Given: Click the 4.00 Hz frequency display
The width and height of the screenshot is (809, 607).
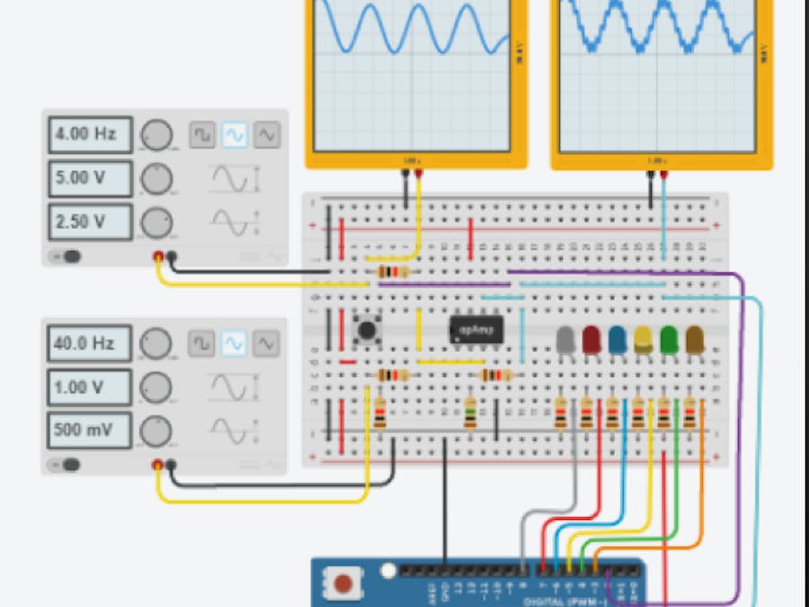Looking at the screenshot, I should pos(89,135).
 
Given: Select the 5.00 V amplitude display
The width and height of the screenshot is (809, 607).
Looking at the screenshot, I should pos(89,178).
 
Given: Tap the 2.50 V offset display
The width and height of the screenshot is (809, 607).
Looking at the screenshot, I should pos(89,221).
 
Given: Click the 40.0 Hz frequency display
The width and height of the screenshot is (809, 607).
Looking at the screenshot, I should pos(89,344).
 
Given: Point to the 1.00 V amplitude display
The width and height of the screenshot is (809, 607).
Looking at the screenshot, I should pos(89,387).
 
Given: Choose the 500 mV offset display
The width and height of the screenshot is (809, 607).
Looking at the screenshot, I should pos(89,430).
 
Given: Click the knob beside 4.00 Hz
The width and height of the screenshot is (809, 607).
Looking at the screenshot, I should pos(156,136).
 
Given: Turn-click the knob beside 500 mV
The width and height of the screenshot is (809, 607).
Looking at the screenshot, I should pos(156,431).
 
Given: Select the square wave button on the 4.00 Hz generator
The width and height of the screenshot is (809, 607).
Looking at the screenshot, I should pos(201,135).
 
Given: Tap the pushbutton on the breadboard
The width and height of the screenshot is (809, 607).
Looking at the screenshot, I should pos(367,329).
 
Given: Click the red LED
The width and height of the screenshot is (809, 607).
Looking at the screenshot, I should pos(591,339).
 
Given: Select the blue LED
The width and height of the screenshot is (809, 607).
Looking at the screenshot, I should pos(618,339).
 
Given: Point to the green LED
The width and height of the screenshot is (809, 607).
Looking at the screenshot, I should pos(669,339).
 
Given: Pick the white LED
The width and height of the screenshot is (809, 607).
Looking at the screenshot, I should pos(565,339).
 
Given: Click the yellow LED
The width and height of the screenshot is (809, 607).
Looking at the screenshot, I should pos(644,339).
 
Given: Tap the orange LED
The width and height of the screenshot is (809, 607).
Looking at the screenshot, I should pos(695,339).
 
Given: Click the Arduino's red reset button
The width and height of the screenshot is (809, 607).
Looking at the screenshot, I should pos(343,584).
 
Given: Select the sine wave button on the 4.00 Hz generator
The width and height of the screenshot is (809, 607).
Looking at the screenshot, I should pos(234,135).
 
